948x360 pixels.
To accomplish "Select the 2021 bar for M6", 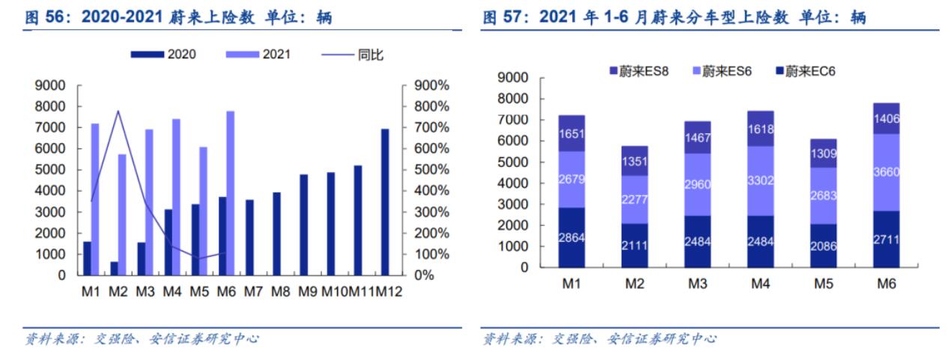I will tap(230, 193).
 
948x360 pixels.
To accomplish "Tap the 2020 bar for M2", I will tap(114, 268).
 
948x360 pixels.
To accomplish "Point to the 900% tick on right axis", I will tap(431, 86).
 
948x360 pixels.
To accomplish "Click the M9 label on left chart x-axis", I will tap(308, 292).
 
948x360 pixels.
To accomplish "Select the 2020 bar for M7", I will tap(249, 237).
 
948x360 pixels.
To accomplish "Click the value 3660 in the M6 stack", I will tap(886, 171).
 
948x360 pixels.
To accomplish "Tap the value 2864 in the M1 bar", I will tap(571, 237).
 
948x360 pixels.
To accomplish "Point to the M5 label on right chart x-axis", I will tap(823, 284).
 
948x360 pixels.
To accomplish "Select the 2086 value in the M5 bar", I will tap(823, 245).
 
